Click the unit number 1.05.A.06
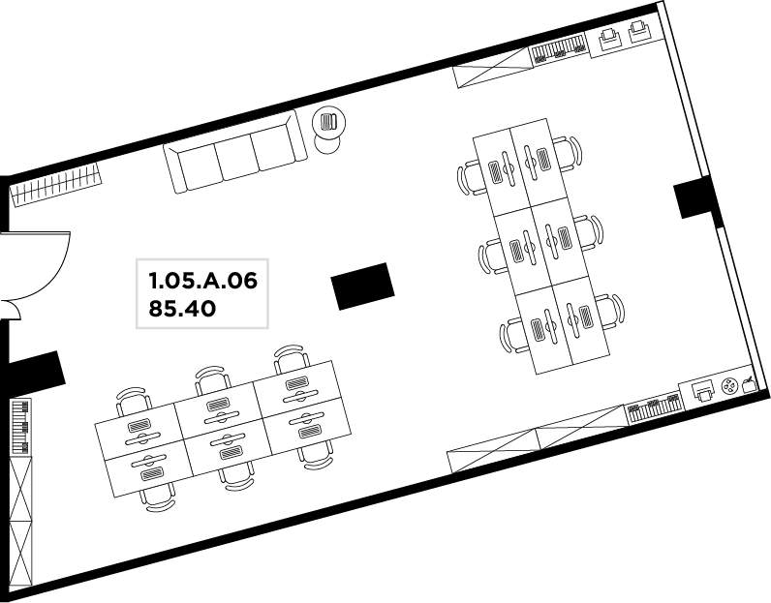(x=203, y=281)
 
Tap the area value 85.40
(x=182, y=309)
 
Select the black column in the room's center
(x=362, y=286)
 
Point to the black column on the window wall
(x=694, y=197)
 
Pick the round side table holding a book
(x=329, y=121)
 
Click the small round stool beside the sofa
(x=327, y=143)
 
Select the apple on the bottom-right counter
(x=749, y=385)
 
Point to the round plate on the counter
(x=729, y=387)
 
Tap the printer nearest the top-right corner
(x=638, y=31)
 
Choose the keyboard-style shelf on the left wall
(x=20, y=427)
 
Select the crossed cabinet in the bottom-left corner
(x=21, y=522)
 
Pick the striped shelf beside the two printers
(x=559, y=47)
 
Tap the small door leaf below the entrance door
(x=10, y=309)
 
